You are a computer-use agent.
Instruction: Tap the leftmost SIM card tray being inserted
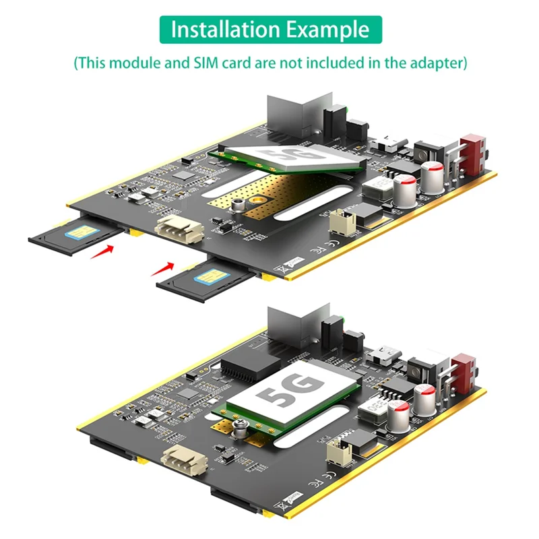pos(74,236)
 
